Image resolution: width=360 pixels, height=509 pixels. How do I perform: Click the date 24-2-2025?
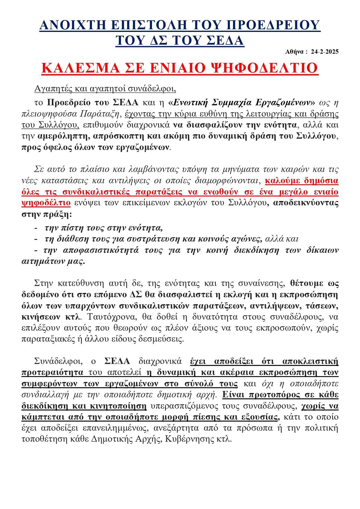pos(324,52)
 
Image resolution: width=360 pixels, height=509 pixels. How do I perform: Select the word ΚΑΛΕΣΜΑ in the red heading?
pos(80,68)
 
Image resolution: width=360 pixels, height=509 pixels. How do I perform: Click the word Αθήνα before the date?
pos(294,52)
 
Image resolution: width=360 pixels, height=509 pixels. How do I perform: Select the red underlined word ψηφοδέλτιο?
pos(46,203)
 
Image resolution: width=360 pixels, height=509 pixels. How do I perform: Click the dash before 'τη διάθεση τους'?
pos(36,239)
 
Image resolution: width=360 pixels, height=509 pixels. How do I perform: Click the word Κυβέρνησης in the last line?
pos(190,439)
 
